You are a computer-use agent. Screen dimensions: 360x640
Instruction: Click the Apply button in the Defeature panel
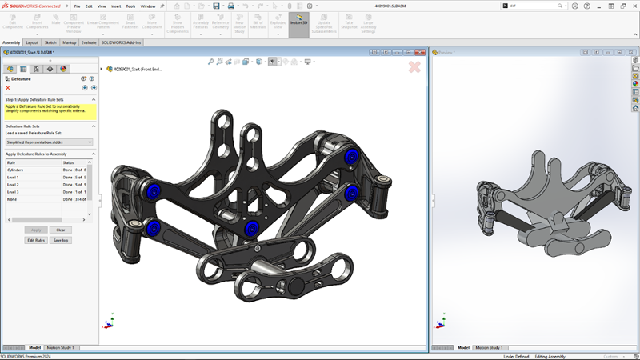(x=36, y=230)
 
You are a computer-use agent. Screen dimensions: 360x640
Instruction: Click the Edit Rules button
(x=36, y=240)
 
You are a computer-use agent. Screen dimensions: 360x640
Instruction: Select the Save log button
(x=61, y=240)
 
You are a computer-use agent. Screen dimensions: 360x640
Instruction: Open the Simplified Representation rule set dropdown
(x=50, y=142)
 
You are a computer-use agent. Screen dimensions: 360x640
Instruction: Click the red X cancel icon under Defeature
(x=8, y=88)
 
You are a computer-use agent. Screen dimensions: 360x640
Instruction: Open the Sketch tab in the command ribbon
(x=50, y=42)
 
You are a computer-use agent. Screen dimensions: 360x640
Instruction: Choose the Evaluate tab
(x=89, y=42)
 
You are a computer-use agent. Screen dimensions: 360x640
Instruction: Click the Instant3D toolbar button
(x=298, y=23)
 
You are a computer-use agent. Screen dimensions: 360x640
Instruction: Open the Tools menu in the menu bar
(x=130, y=6)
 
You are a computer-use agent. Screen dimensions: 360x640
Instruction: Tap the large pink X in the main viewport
(x=414, y=67)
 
